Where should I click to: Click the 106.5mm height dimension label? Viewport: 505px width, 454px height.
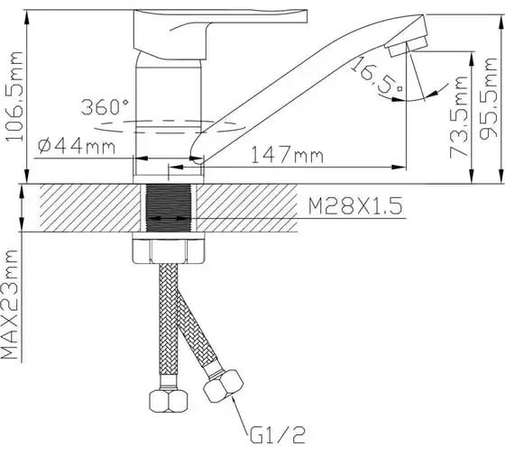(15, 96)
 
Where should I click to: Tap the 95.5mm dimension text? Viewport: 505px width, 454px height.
(488, 99)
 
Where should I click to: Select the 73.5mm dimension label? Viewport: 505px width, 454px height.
(459, 117)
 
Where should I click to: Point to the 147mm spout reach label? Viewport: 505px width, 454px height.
(287, 155)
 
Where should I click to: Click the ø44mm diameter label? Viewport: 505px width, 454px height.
(77, 147)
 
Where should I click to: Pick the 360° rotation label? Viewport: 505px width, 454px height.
(105, 107)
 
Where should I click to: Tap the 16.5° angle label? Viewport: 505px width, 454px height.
(377, 77)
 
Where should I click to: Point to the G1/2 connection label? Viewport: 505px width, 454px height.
(278, 435)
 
